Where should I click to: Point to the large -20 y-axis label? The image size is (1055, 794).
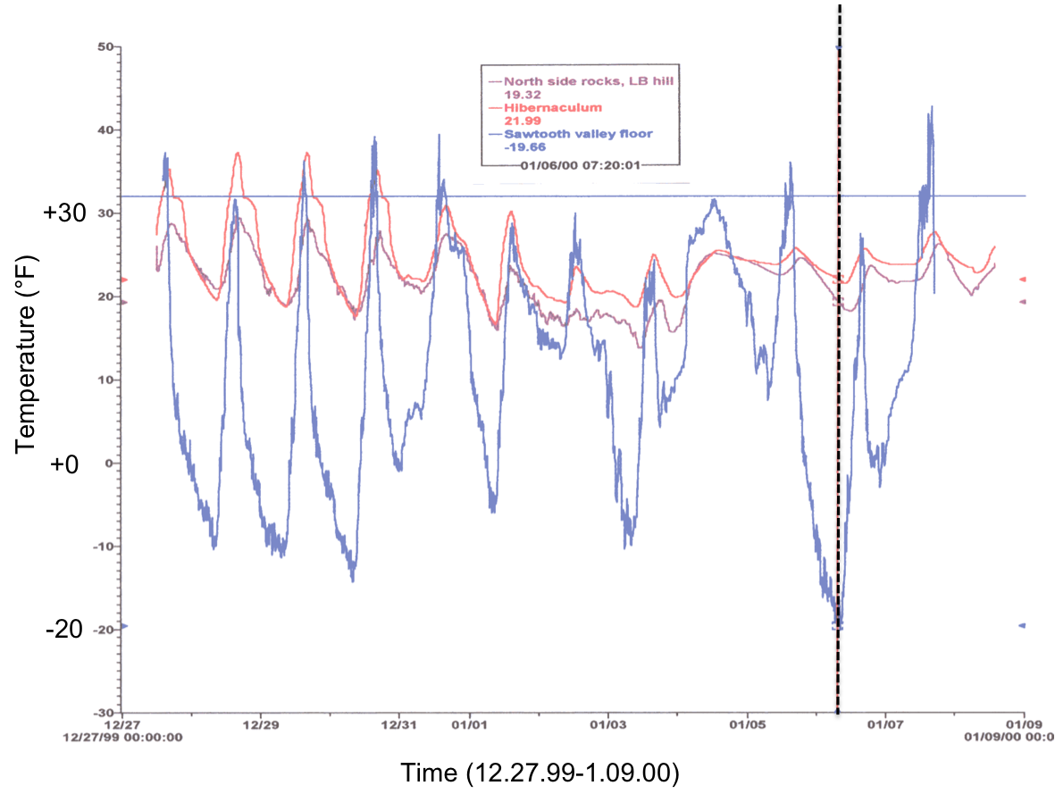click(64, 629)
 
